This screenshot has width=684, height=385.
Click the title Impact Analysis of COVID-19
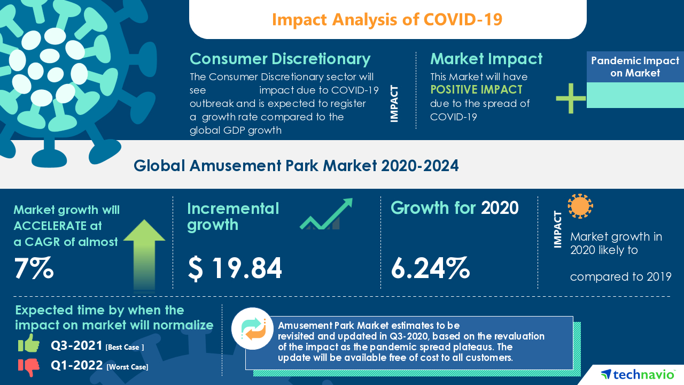click(387, 19)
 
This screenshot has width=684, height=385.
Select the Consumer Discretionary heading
click(280, 58)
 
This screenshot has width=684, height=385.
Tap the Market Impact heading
click(486, 58)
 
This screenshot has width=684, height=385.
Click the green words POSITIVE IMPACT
click(476, 89)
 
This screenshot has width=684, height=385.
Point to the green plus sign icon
click(571, 98)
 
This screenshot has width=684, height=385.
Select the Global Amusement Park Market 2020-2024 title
click(296, 166)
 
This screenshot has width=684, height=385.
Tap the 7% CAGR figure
click(34, 268)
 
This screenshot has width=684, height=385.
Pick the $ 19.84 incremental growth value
click(235, 268)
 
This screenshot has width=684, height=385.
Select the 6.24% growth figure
click(430, 268)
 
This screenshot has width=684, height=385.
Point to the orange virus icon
click(580, 206)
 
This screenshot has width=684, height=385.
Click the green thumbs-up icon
click(29, 343)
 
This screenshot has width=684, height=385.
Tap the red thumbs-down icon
click(29, 366)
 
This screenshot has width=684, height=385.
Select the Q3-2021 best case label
click(76, 346)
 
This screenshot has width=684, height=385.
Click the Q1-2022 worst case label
click(77, 366)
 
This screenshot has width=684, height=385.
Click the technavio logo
click(638, 374)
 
